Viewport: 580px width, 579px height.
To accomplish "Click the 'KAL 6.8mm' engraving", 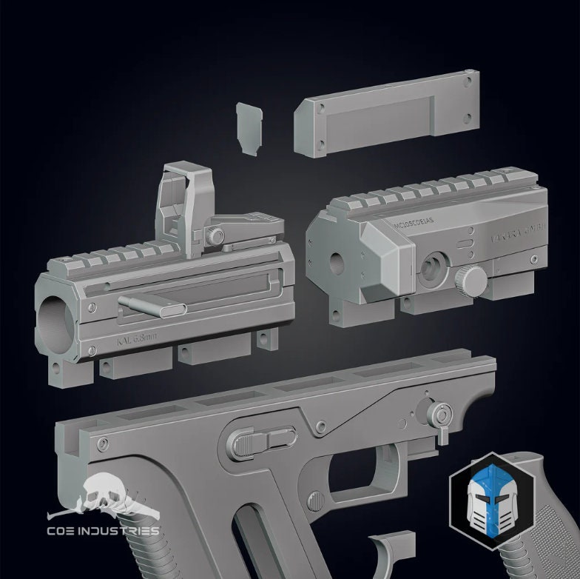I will [138, 342].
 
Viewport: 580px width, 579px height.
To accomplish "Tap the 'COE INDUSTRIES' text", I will [103, 530].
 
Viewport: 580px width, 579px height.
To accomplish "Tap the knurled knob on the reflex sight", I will [215, 236].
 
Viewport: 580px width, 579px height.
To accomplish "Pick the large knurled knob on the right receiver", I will [471, 281].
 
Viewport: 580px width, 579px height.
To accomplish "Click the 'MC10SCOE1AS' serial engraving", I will [414, 220].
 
